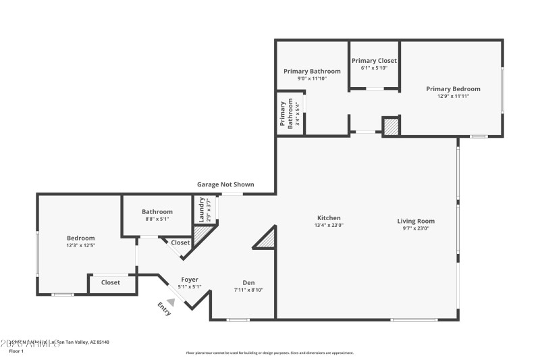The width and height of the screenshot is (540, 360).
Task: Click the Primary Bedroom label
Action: tap(452, 88)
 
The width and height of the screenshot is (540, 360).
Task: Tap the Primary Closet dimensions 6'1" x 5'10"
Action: tap(374, 68)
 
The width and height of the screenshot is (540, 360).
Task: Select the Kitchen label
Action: tap(329, 218)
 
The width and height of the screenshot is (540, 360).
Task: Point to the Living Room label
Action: tap(415, 221)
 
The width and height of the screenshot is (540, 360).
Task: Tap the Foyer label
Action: tap(190, 280)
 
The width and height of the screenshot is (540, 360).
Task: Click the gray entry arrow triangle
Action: tap(171, 303)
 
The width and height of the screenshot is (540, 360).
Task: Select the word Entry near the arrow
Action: tap(164, 309)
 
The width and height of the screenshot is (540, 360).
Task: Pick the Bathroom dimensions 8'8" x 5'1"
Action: tap(157, 219)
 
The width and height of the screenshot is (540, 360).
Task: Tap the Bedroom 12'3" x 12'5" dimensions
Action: tap(80, 245)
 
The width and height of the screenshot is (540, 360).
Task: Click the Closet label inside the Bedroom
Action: tap(111, 282)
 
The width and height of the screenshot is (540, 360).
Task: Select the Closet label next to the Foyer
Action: tap(180, 242)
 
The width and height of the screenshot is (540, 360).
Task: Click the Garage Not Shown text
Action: tap(225, 184)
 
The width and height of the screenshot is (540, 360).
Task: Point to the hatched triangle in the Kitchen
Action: tap(267, 238)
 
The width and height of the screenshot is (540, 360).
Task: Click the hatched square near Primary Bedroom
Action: tap(391, 126)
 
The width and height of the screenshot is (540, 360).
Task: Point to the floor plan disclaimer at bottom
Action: tap(269, 353)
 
